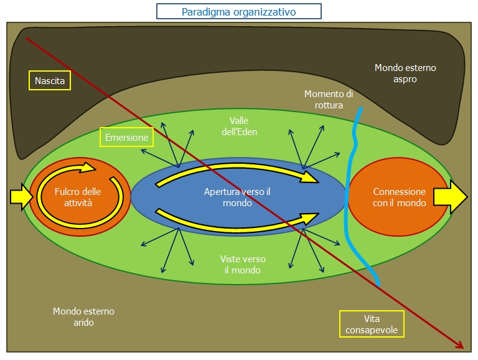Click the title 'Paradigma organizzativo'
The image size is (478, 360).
pos(238,12)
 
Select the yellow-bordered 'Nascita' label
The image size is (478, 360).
pos(50,80)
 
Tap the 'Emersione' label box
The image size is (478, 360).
pos(126,137)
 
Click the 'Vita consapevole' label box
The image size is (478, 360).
pos(371,324)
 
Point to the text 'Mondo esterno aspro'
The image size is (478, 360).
pos(405,73)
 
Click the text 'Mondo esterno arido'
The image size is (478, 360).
pos(83,316)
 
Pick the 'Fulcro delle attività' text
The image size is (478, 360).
pos(77,197)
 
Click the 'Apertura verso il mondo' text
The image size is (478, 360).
pos(237,197)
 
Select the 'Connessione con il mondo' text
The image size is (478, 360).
pos(399,197)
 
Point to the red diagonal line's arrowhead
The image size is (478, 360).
pos(461,347)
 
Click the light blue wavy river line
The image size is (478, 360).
pos(351,187)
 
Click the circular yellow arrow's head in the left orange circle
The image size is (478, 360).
pos(90,166)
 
